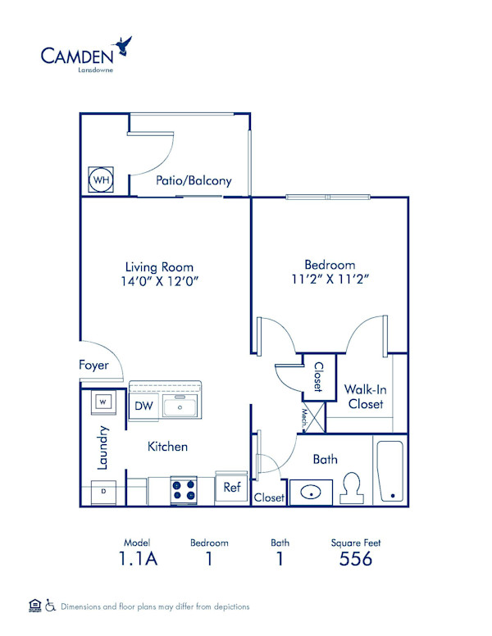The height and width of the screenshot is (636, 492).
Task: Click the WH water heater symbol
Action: pos(101,179)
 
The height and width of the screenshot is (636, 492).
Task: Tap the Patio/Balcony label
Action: pos(194,181)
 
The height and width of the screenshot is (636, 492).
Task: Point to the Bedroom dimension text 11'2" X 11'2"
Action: pos(330,279)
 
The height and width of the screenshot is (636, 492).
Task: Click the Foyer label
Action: pos(93,365)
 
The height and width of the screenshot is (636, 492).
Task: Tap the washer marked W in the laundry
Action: pos(102,402)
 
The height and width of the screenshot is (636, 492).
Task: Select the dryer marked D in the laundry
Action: pos(102,491)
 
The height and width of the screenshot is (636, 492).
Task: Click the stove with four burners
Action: pos(184,490)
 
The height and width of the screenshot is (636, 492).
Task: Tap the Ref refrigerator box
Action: pos(231,488)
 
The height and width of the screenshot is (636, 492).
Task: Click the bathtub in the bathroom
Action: pos(389,471)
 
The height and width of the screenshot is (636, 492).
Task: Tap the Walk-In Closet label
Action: pos(365,397)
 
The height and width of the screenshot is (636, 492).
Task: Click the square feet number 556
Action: pos(356,559)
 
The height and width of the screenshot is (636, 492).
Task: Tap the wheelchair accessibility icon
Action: pos(49,606)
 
